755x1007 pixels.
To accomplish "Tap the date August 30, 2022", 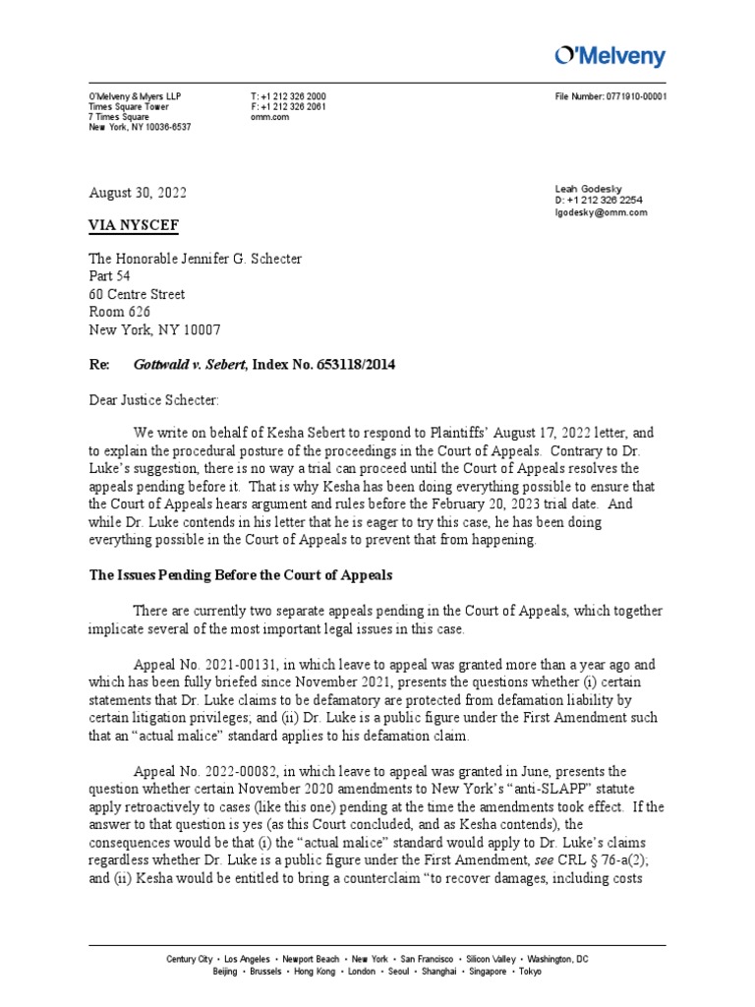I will [x=138, y=194].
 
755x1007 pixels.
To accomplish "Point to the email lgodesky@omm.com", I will [x=601, y=212].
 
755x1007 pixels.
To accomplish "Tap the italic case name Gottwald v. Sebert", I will [x=190, y=365].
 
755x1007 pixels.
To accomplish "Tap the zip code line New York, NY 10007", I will [x=155, y=329].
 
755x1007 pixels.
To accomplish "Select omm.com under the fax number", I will [x=269, y=117].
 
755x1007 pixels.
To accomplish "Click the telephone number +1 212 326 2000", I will [x=294, y=96].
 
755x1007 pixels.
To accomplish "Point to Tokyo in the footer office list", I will [x=530, y=972].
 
